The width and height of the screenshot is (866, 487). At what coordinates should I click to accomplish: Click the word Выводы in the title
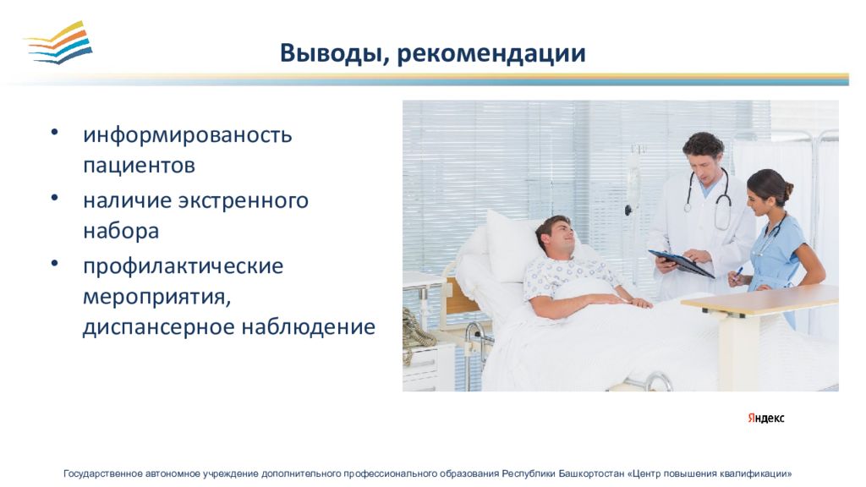click(x=331, y=53)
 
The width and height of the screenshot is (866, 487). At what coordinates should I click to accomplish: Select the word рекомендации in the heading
click(x=491, y=53)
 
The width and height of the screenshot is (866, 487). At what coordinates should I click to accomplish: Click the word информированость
click(x=187, y=134)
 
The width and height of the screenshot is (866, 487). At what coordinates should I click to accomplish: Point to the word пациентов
click(x=139, y=165)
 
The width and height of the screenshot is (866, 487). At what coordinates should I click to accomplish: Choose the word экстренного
click(x=243, y=200)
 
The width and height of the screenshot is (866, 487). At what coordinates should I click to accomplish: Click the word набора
click(x=121, y=230)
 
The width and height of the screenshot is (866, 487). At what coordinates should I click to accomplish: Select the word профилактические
click(x=183, y=266)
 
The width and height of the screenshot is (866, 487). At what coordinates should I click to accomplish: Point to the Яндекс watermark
click(x=766, y=418)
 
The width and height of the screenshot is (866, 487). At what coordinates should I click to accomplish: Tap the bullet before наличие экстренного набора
click(x=54, y=197)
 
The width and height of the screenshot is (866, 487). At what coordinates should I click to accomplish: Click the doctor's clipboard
click(x=681, y=264)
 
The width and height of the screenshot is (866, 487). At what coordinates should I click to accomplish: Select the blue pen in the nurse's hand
click(x=737, y=273)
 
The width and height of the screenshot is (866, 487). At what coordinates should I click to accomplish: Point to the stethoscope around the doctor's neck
click(x=709, y=200)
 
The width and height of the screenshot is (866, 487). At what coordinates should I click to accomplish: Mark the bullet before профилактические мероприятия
click(x=54, y=264)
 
